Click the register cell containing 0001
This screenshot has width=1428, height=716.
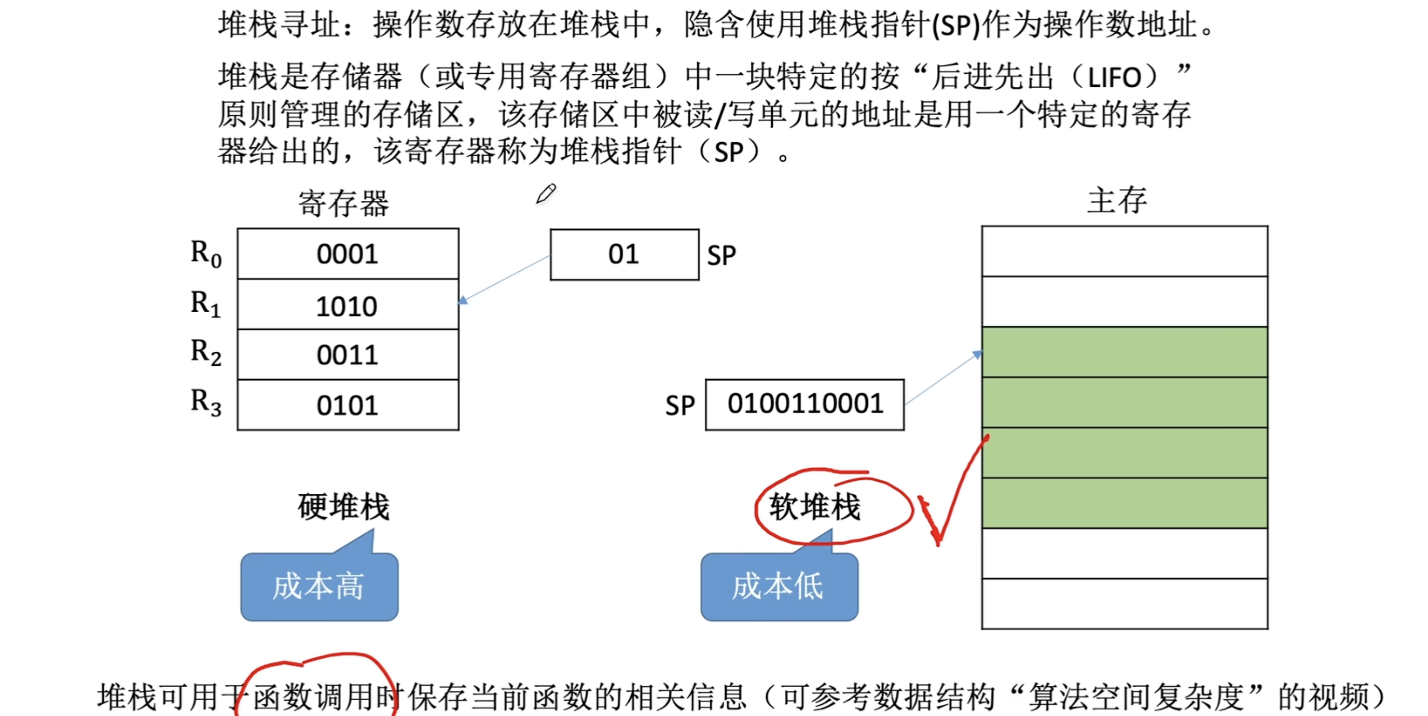(348, 254)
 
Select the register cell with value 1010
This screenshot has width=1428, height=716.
(348, 305)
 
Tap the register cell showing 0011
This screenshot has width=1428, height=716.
(348, 355)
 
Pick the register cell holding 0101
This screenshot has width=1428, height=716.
(348, 405)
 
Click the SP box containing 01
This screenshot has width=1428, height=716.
(624, 254)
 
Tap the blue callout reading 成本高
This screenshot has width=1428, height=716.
(319, 586)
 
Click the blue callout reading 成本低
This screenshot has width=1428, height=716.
(779, 586)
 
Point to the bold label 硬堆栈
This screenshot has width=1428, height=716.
(344, 506)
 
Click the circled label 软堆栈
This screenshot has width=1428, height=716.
(815, 506)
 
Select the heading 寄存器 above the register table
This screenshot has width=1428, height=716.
(344, 203)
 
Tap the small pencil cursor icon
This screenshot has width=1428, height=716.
(546, 194)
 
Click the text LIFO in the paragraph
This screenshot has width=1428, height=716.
(1114, 78)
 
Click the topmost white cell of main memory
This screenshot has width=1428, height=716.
(1124, 251)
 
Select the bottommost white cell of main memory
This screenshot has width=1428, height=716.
(1124, 604)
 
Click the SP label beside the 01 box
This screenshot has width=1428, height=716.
(721, 255)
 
